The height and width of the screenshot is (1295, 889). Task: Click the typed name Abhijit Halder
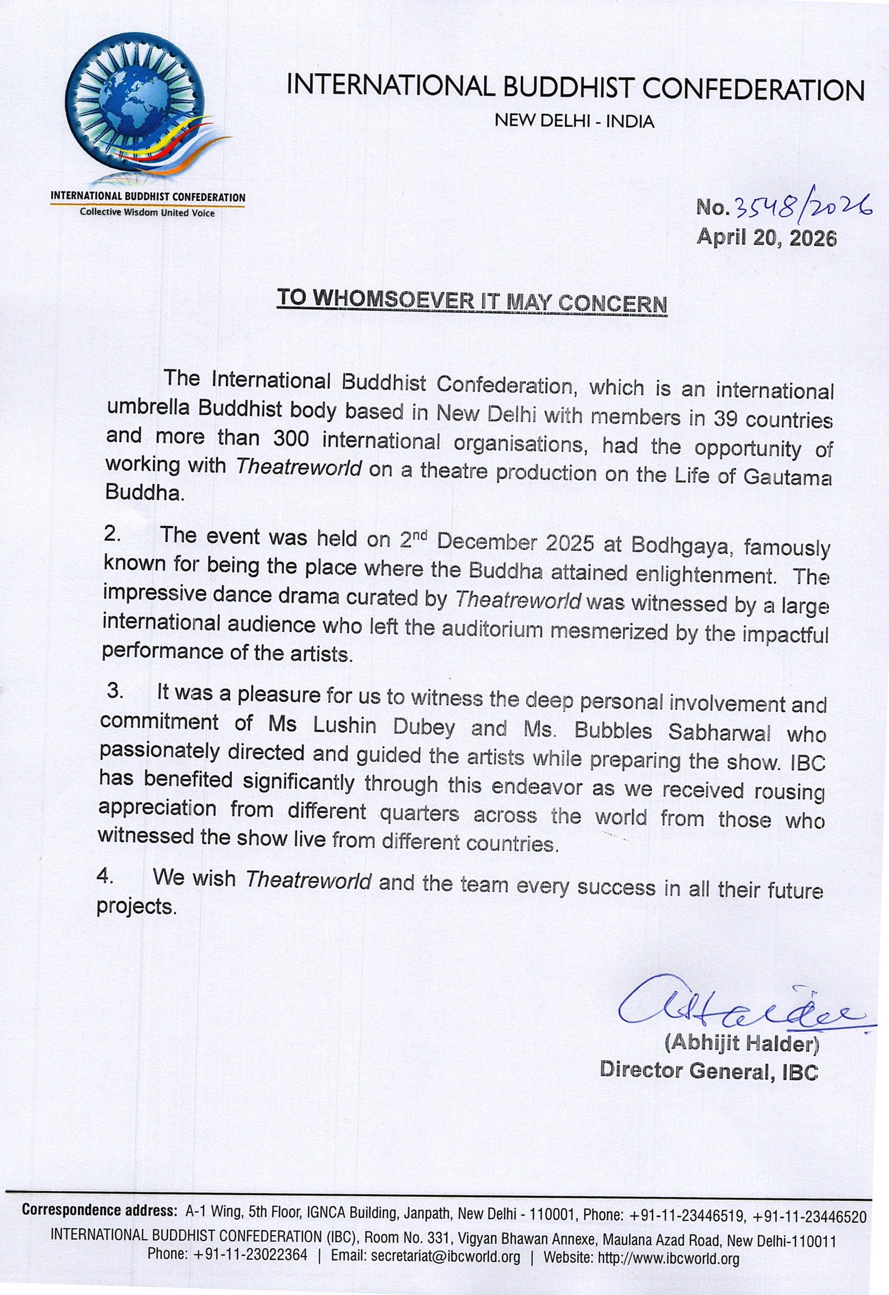740,1044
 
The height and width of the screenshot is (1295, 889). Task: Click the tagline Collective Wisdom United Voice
147,213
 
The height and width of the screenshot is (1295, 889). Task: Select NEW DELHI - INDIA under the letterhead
574,121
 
